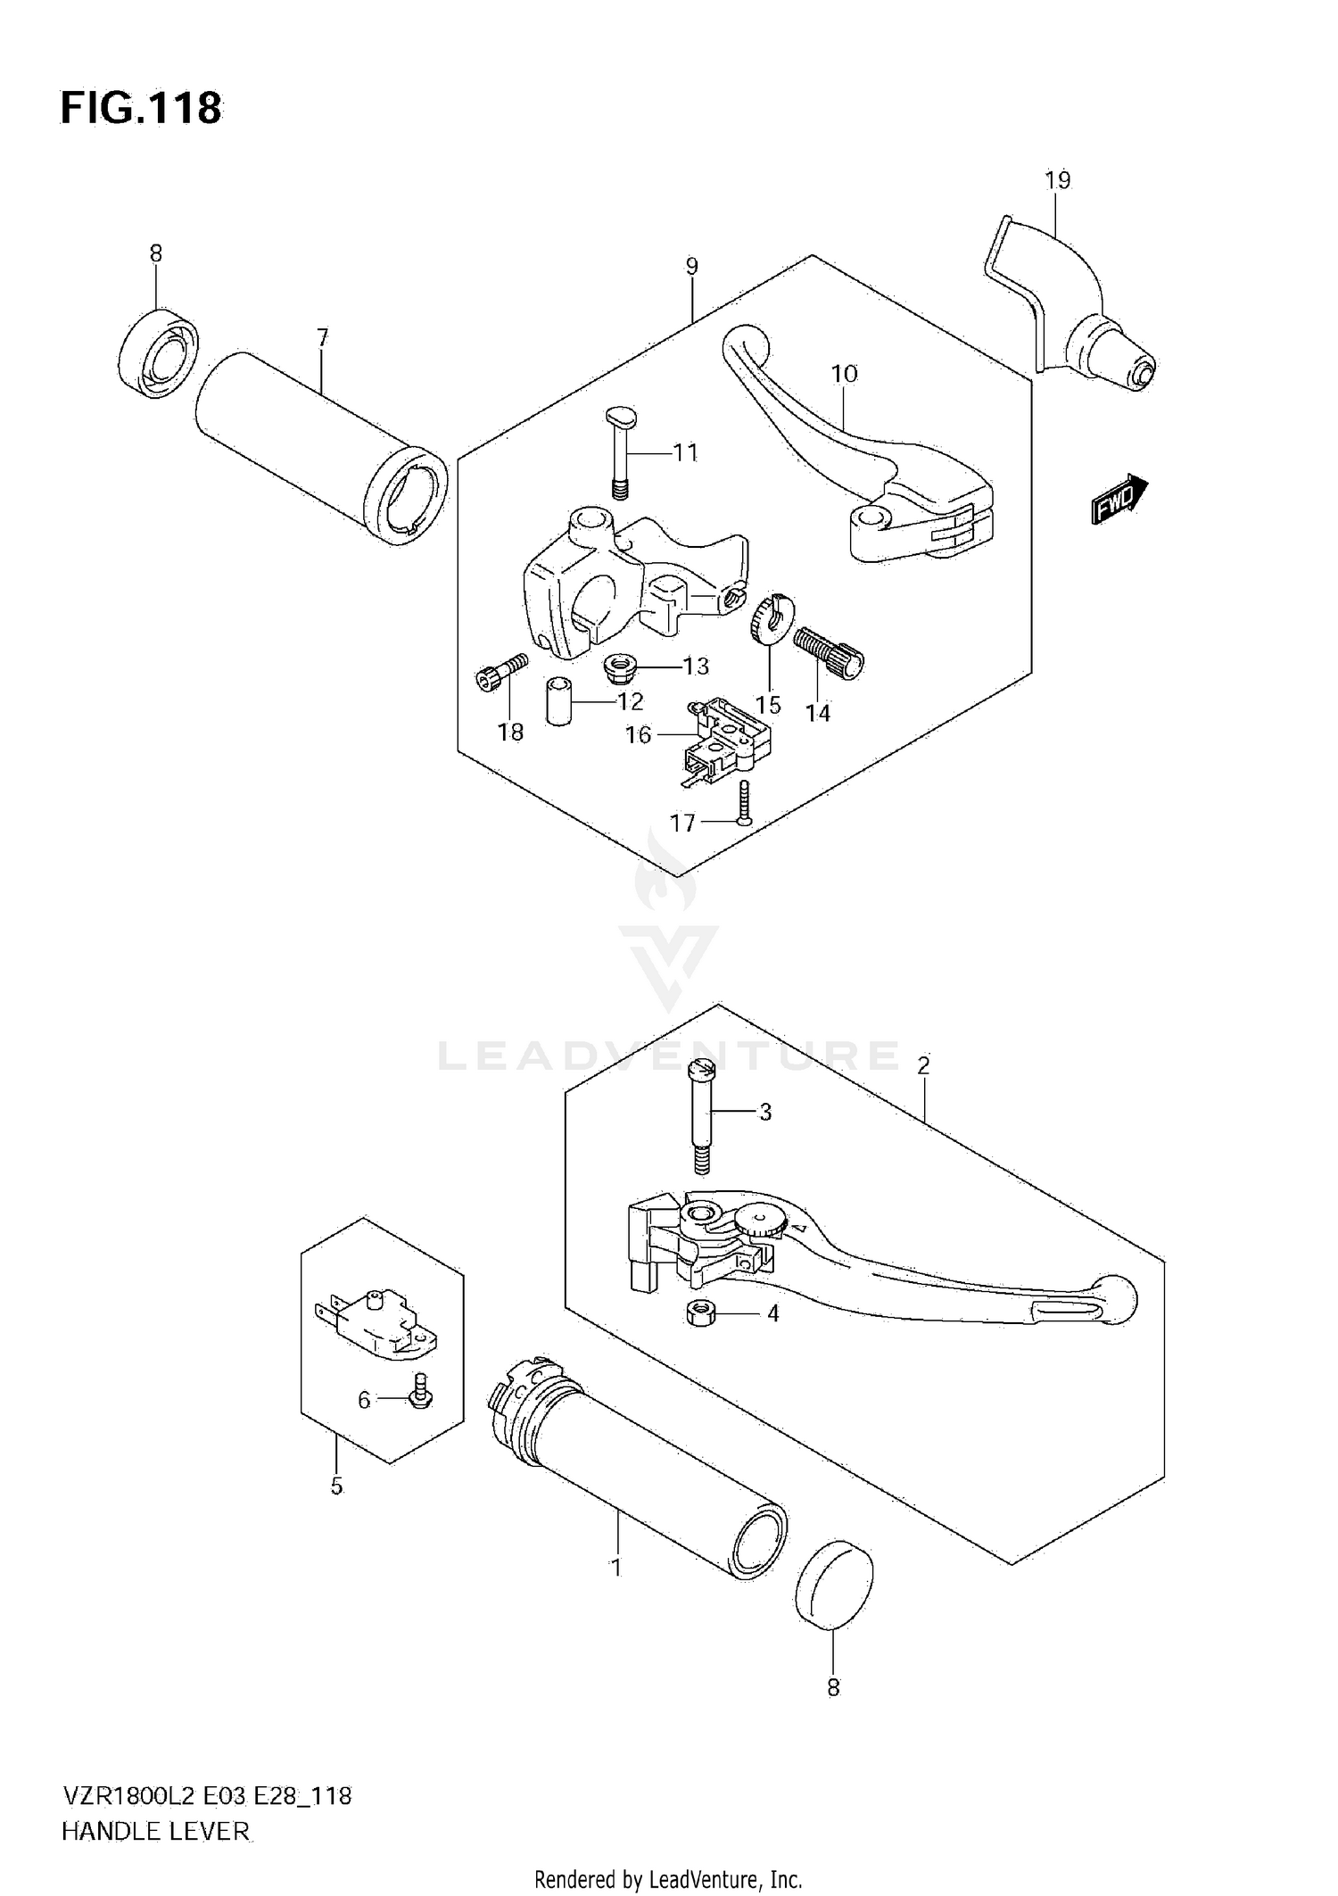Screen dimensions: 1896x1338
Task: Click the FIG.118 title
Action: (x=141, y=109)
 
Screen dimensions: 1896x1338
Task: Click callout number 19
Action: (x=1057, y=180)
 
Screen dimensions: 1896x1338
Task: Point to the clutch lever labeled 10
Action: (x=856, y=464)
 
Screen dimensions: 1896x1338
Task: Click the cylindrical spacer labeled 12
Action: (x=558, y=701)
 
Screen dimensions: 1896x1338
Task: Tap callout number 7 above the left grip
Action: (x=322, y=337)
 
